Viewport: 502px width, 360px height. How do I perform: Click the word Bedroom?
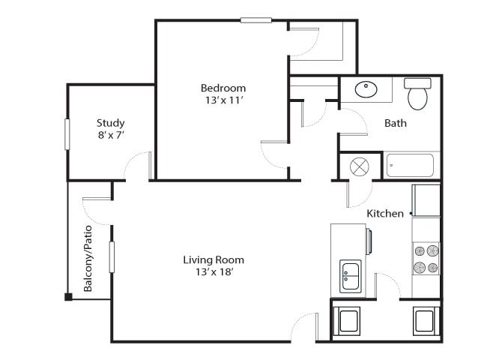point(223,88)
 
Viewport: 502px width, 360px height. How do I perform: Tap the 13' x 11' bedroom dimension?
point(223,100)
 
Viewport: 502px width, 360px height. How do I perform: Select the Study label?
point(111,123)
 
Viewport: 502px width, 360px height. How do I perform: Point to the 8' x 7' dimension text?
point(111,136)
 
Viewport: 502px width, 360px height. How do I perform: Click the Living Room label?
point(214,260)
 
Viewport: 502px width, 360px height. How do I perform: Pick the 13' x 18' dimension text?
point(214,272)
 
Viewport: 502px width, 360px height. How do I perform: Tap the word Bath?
point(396,123)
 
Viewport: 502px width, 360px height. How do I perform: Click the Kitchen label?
point(385,214)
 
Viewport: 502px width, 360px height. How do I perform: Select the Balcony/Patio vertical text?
point(88,258)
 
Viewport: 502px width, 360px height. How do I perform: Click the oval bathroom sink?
point(366,90)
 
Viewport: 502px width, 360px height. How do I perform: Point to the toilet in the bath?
point(417,94)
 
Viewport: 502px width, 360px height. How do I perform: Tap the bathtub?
point(410,165)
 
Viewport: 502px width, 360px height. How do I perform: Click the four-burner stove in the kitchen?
point(426,258)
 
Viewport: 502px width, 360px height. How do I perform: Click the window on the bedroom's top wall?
point(255,20)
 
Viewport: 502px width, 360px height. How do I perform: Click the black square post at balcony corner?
point(68,297)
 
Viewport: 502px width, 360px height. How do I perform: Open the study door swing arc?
point(136,164)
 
